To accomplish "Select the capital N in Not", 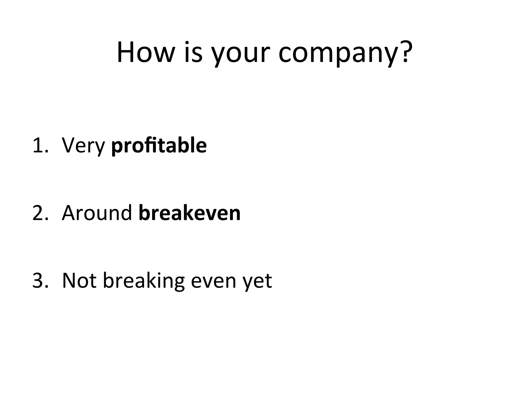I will pos(70,281).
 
